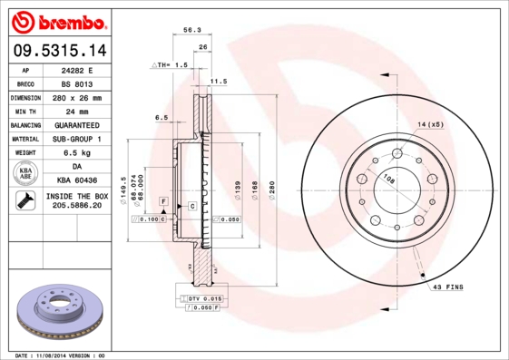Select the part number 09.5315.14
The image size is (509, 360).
pyautogui.click(x=58, y=51)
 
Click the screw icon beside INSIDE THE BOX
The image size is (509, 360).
pyautogui.click(x=24, y=201)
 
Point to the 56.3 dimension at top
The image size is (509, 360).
pyautogui.click(x=192, y=31)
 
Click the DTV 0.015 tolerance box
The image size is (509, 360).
pyautogui.click(x=204, y=298)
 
